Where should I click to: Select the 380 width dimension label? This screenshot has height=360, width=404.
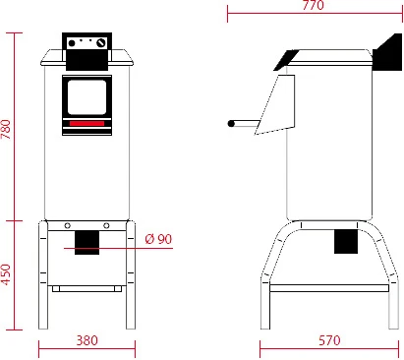click(87, 340)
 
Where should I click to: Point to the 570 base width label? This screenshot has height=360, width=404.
click(329, 340)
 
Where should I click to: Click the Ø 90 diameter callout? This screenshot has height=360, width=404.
click(157, 239)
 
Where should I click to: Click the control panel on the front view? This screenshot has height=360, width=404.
click(87, 44)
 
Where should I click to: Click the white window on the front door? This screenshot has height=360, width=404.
click(87, 96)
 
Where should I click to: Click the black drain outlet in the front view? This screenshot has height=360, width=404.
click(87, 242)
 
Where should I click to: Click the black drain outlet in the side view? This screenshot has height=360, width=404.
click(346, 240)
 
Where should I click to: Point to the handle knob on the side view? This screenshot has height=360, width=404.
click(232, 124)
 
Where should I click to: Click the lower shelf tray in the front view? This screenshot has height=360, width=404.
click(87, 288)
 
